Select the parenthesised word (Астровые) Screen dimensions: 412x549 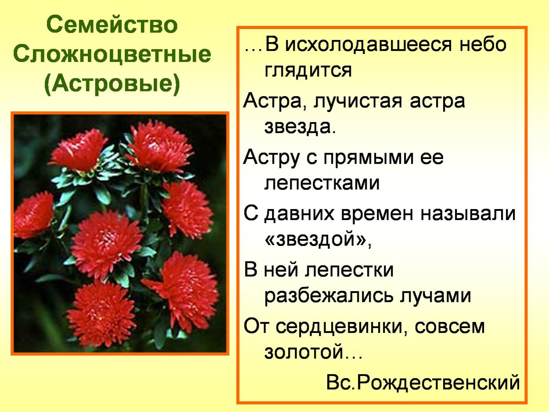(x=112, y=85)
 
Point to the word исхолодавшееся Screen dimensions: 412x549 (x=368, y=45)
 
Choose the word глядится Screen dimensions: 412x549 (x=308, y=70)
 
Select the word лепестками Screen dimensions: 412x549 (x=322, y=183)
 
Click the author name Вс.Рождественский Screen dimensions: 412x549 (x=423, y=383)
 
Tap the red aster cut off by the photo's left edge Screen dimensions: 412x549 (x=32, y=215)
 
